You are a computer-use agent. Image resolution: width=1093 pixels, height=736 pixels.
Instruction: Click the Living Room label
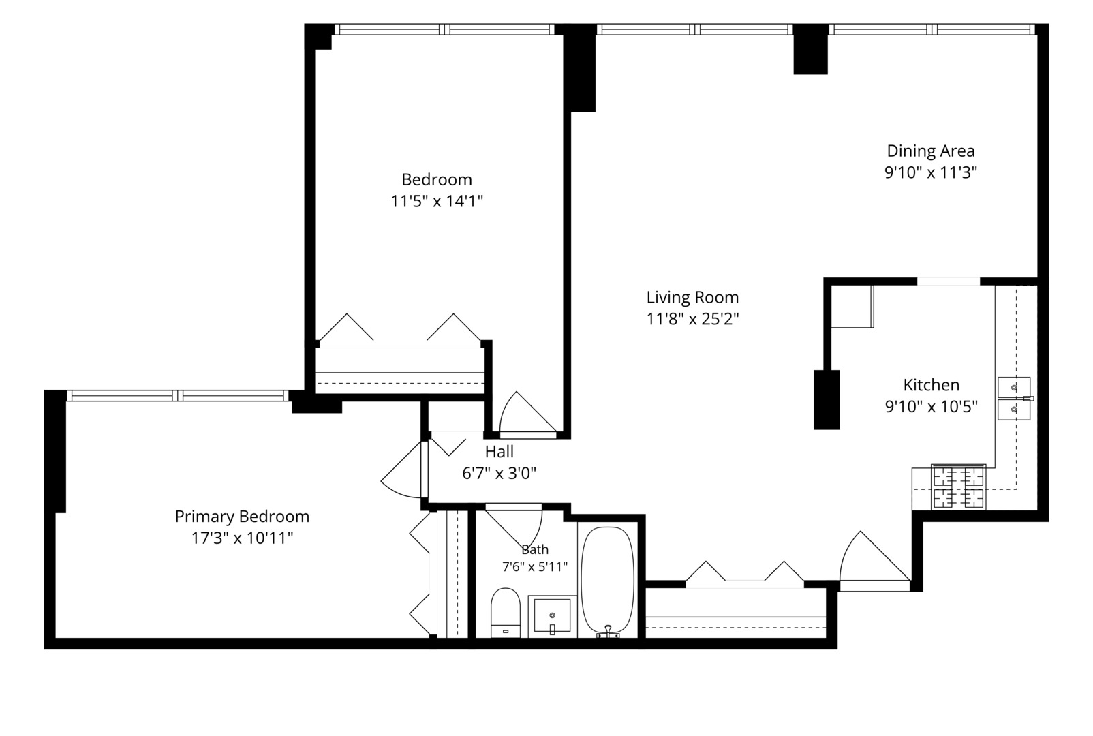[692, 297]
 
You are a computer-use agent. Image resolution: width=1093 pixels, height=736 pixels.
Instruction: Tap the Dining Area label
[931, 151]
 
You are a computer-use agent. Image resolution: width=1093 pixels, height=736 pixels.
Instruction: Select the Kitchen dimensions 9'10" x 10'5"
[931, 407]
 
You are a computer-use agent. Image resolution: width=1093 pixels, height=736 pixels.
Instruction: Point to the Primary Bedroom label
[242, 517]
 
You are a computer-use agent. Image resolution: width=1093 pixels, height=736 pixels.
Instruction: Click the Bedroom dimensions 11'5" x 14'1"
[437, 201]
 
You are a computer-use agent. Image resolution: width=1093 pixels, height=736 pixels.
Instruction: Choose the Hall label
[499, 451]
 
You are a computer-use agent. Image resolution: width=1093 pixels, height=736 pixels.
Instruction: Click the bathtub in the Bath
[608, 581]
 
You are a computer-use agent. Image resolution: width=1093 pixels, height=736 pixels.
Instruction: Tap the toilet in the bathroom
[506, 613]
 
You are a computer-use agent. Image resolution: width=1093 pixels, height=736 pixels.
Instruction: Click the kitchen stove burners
[958, 488]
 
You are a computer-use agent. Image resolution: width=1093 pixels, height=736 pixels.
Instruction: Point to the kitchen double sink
[1014, 398]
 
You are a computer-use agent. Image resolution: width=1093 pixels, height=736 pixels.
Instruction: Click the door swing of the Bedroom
[527, 413]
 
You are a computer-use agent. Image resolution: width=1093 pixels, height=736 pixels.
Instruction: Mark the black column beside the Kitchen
[827, 400]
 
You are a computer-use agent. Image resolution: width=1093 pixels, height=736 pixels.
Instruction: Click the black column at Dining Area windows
[810, 49]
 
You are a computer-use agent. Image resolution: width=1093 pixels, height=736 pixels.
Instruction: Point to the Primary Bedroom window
[178, 395]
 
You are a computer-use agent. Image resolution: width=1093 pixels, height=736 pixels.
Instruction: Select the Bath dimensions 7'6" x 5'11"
[535, 566]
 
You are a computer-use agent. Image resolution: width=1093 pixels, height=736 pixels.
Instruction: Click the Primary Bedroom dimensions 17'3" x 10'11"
[242, 538]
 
